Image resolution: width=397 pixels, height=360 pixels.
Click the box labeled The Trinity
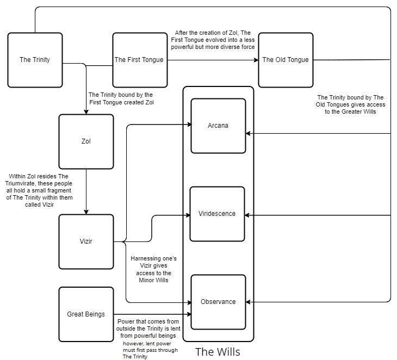point(35,60)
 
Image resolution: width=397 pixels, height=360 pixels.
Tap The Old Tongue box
point(286,60)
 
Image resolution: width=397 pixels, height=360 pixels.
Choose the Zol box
point(86,141)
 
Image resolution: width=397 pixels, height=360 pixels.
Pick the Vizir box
point(86,241)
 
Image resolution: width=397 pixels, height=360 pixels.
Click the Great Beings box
point(86,314)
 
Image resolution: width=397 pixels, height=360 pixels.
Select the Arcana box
point(218,126)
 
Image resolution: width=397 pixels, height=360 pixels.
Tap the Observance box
point(218,302)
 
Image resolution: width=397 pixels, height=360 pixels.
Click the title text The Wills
point(218,352)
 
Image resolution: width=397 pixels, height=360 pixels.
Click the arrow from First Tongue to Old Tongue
point(212,60)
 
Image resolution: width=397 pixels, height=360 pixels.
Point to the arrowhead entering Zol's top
point(86,111)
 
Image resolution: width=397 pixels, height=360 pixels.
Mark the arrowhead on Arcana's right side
point(249,133)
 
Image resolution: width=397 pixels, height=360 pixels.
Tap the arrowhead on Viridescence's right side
point(249,215)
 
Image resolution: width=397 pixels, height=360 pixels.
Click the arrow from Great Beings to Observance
point(152,314)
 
